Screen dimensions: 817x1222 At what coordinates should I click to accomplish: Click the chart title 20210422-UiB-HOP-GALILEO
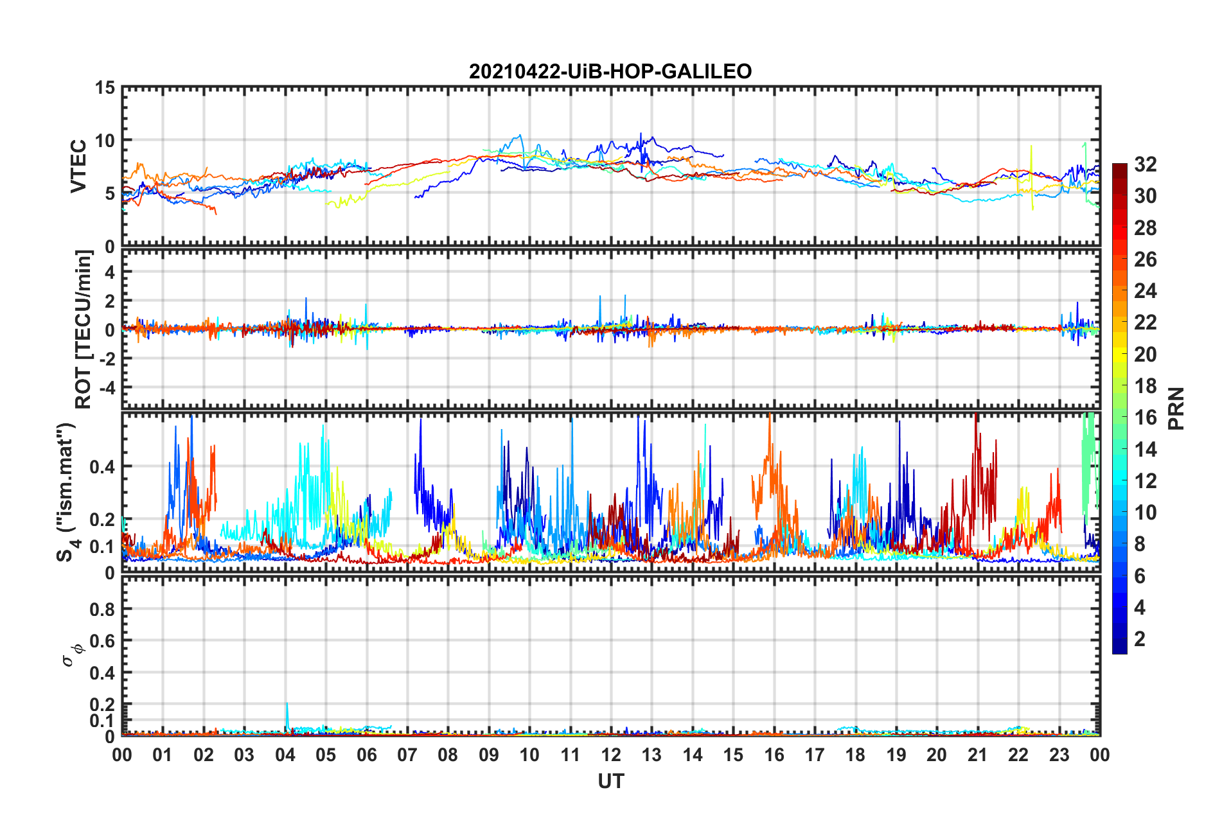click(x=610, y=71)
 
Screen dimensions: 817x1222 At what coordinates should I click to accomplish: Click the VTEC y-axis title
click(x=78, y=166)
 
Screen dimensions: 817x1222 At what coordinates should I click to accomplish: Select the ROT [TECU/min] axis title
click(x=84, y=329)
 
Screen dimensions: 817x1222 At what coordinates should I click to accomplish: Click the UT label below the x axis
click(x=610, y=781)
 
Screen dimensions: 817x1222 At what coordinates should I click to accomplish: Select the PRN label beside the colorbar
click(x=1176, y=409)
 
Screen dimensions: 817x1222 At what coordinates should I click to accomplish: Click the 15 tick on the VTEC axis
click(x=105, y=87)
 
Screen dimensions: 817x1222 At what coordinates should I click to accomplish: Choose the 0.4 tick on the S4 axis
click(x=103, y=467)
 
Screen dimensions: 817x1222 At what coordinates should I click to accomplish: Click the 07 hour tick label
click(x=407, y=755)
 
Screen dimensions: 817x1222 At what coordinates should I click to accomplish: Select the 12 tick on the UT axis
click(x=611, y=755)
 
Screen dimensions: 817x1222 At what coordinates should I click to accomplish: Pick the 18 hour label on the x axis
click(x=855, y=755)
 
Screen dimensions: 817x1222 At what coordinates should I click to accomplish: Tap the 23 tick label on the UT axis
click(x=1059, y=755)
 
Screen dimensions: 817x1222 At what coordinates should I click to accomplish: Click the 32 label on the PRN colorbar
click(x=1145, y=164)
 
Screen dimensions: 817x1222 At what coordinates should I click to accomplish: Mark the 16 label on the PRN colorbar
click(x=1145, y=417)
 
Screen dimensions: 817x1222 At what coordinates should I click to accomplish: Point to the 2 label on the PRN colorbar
click(x=1140, y=638)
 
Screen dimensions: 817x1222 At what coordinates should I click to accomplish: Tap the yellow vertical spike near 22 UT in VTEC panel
click(x=1031, y=173)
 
